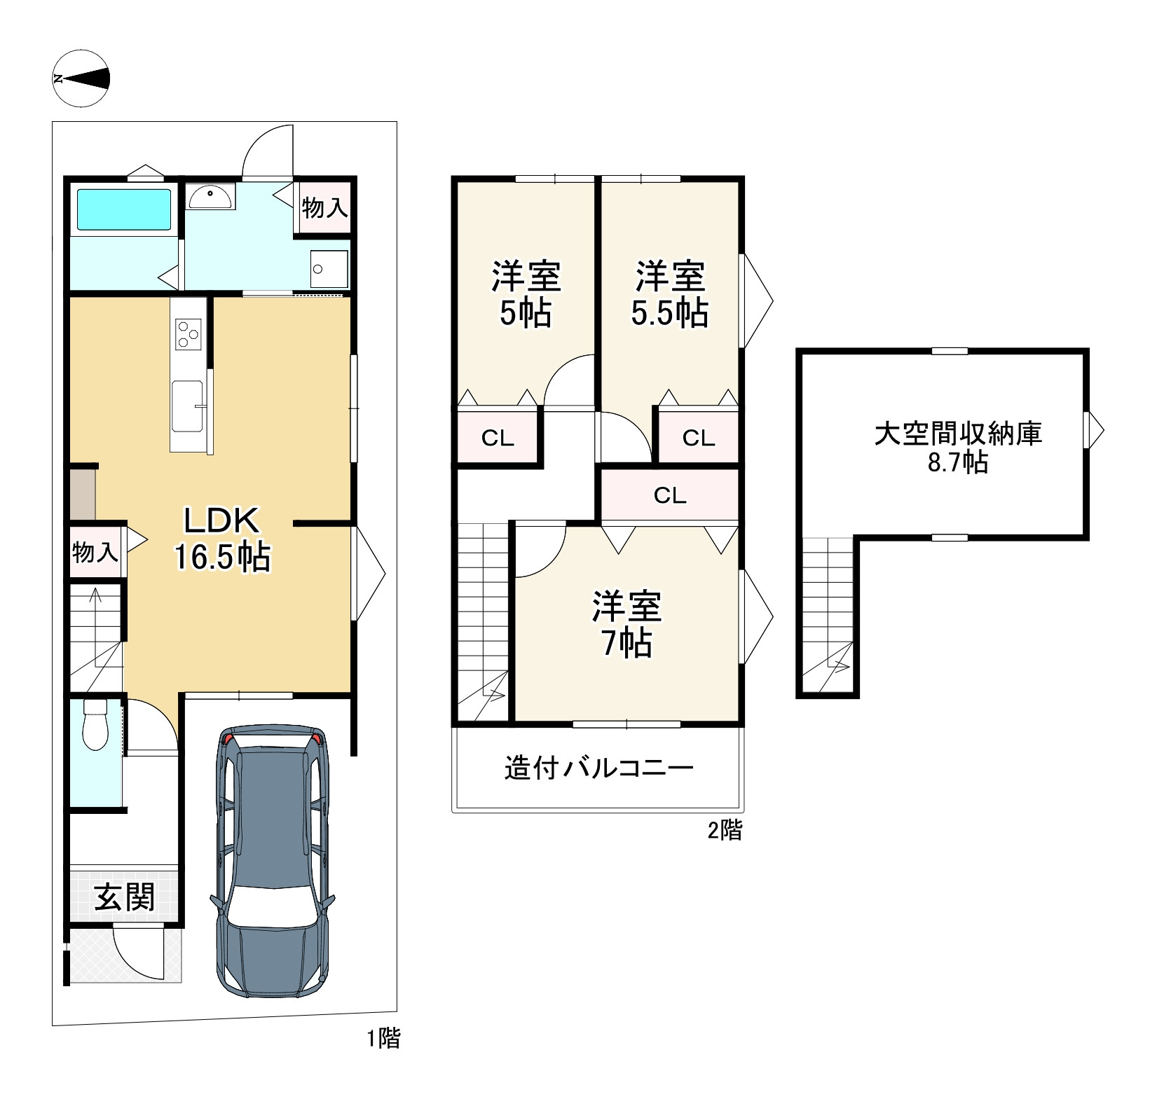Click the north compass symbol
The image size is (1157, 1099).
point(81,79)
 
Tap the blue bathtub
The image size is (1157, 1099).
point(124,209)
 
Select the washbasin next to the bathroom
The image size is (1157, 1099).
point(210,197)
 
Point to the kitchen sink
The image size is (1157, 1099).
point(188,406)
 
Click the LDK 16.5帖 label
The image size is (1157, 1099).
point(221,539)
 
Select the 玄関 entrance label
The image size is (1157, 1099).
point(125,897)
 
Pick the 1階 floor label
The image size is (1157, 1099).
point(384,1038)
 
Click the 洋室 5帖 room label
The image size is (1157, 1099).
point(526,295)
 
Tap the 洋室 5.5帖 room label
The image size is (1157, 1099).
point(670,295)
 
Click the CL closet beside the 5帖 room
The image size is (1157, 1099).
point(498,438)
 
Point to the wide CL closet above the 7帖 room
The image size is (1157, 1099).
point(670,496)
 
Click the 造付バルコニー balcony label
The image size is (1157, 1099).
point(599,768)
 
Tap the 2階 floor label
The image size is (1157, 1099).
point(725,831)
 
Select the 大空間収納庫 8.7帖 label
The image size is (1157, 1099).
point(959,448)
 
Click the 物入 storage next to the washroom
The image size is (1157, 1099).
point(324,207)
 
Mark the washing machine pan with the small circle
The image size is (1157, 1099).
point(329,269)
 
